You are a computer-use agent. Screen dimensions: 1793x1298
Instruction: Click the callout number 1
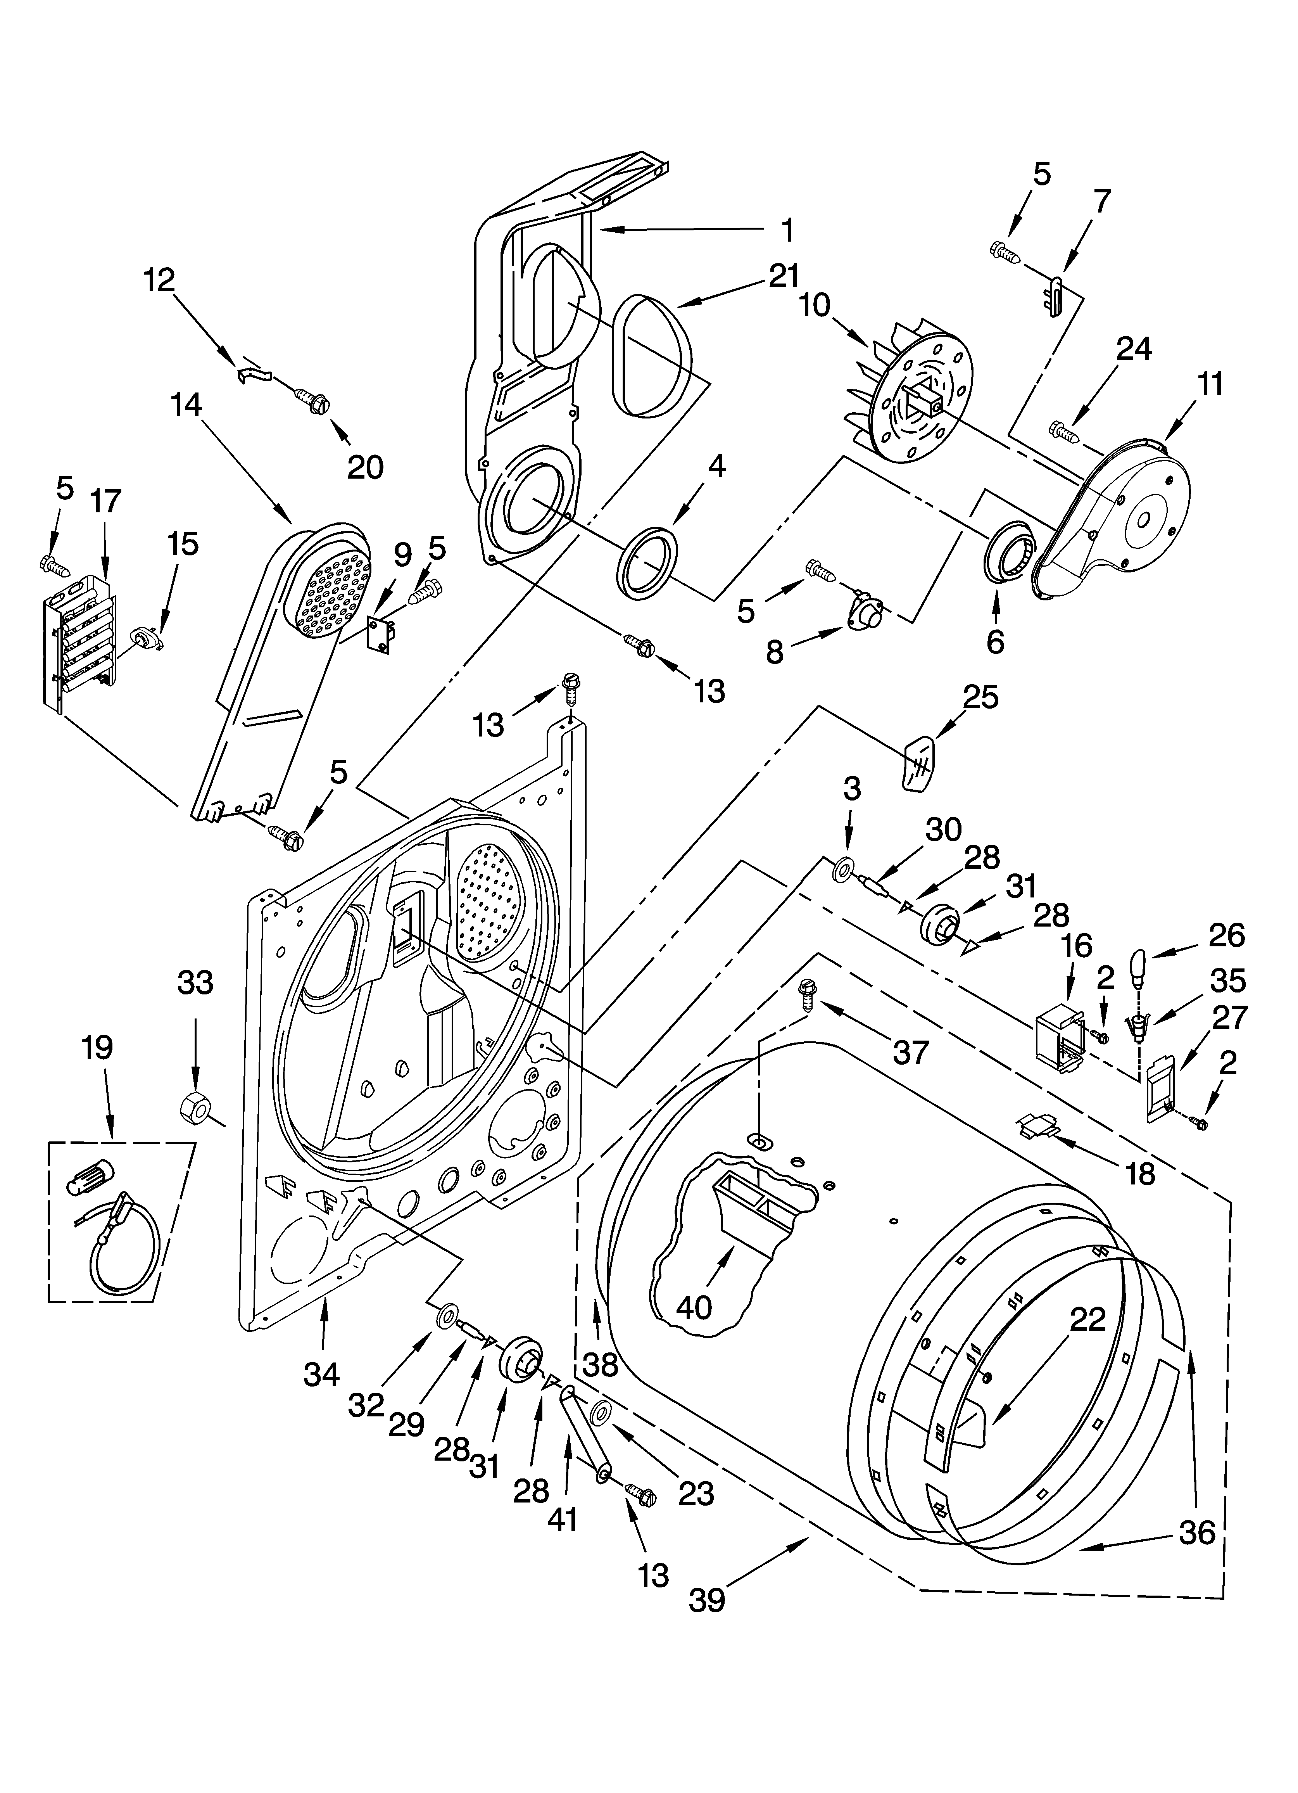coord(787,231)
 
